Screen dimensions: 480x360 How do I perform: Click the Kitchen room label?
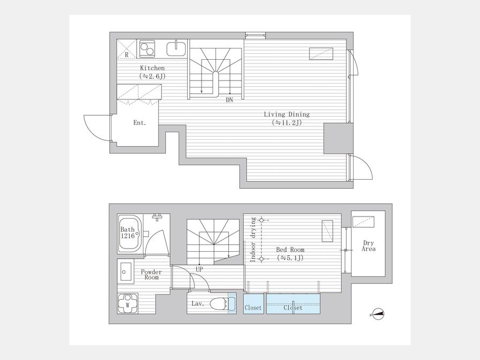pyautogui.click(x=153, y=68)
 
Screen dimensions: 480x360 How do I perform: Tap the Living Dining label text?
pyautogui.click(x=287, y=115)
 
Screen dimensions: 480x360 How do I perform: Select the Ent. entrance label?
pyautogui.click(x=140, y=123)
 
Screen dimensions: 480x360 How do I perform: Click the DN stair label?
pyautogui.click(x=229, y=100)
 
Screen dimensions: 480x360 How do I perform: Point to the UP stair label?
pyautogui.click(x=199, y=269)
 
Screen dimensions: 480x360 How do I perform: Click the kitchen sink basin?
pyautogui.click(x=176, y=49)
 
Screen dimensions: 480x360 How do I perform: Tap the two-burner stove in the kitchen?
pyautogui.click(x=147, y=49)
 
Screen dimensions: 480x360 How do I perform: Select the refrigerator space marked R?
pyautogui.click(x=126, y=49)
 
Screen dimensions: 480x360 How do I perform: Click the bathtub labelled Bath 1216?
pyautogui.click(x=130, y=233)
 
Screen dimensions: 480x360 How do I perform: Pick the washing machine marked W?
pyautogui.click(x=127, y=303)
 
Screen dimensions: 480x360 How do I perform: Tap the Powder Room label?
pyautogui.click(x=151, y=275)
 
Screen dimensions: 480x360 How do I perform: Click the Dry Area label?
pyautogui.click(x=369, y=246)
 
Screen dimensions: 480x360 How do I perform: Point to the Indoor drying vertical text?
pyautogui.click(x=253, y=239)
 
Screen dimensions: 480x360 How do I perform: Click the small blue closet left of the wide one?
pyautogui.click(x=253, y=303)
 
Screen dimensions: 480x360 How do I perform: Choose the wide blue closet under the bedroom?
pyautogui.click(x=293, y=303)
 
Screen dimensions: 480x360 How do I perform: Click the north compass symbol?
pyautogui.click(x=377, y=314)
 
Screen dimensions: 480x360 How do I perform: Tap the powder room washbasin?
pyautogui.click(x=125, y=271)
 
